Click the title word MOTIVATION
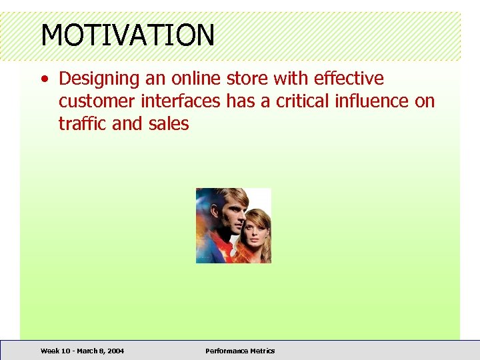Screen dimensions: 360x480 tap(128, 35)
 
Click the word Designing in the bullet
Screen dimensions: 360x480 tap(99, 79)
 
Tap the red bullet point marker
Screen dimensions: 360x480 tap(44, 79)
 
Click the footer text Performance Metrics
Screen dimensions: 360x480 tap(240, 351)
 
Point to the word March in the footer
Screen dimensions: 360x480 tap(86, 351)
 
